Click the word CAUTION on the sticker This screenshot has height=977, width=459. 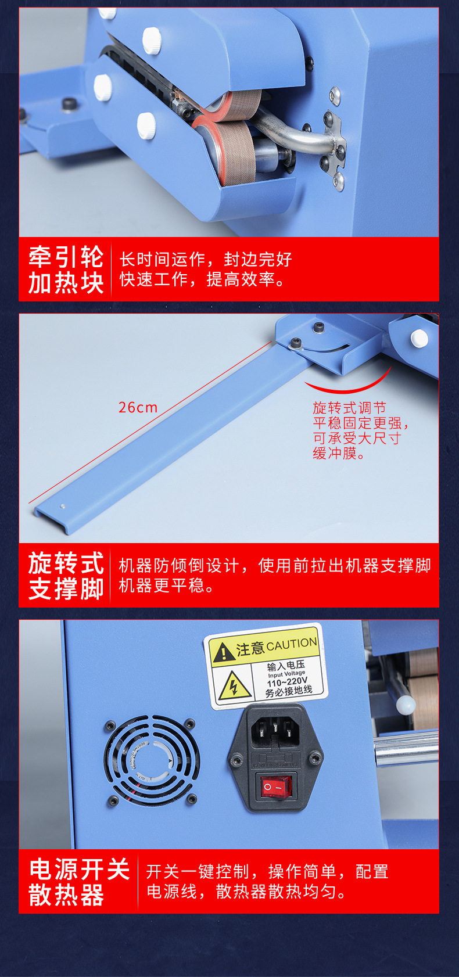click(x=292, y=644)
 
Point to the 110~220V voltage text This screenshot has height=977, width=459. click(x=287, y=681)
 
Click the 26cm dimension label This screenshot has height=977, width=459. click(x=138, y=408)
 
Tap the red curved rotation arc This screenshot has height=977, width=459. click(x=348, y=385)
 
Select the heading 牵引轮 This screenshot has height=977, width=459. click(x=66, y=256)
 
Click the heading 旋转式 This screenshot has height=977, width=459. click(x=66, y=563)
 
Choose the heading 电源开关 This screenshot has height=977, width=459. click(x=79, y=869)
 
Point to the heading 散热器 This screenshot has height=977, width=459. click(x=66, y=895)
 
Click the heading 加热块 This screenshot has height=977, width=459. click(x=66, y=283)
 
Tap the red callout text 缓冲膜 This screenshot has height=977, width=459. click(x=339, y=454)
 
